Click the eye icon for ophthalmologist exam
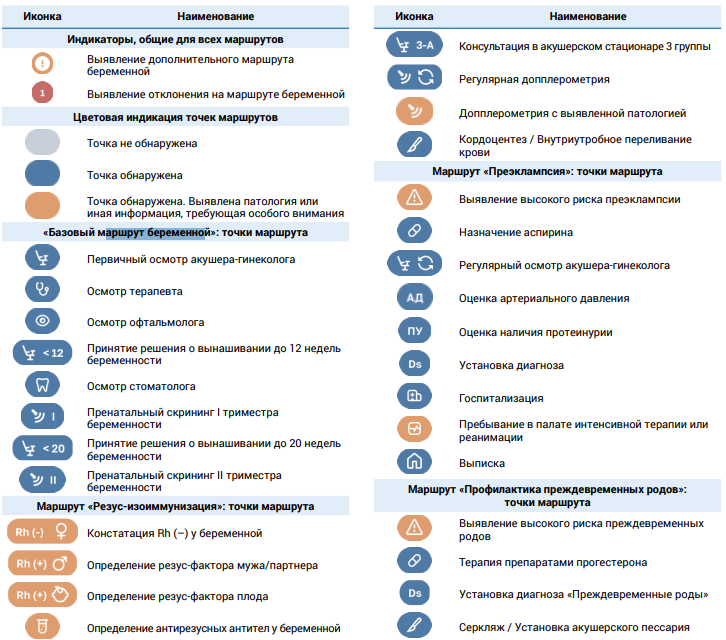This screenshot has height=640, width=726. coord(42,320)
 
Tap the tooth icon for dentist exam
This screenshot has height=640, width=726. coord(42,384)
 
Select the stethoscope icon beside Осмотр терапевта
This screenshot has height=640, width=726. coord(42,289)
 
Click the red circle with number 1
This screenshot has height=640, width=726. coord(42,93)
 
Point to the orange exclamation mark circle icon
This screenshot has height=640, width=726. coord(42,63)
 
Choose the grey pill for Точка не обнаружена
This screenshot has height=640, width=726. coord(42,142)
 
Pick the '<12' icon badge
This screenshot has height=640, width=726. coord(42,353)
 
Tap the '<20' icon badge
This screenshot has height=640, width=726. coord(42,448)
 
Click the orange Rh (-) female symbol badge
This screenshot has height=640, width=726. coord(42,532)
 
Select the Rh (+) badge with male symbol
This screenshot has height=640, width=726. coord(42,563)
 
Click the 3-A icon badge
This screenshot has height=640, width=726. coord(414,44)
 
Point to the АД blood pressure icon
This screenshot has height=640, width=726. coord(414,297)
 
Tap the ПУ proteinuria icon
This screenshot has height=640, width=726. coord(414,331)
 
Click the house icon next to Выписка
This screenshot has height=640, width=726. coord(414,461)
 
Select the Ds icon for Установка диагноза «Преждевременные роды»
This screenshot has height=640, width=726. coord(414,593)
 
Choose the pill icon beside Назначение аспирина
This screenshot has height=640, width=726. coord(414,230)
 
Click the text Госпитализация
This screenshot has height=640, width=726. coord(501,398)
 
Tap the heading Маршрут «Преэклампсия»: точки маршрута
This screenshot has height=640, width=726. coord(547,171)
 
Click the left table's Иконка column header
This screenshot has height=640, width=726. coord(42,16)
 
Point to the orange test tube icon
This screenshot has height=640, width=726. coord(42,626)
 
